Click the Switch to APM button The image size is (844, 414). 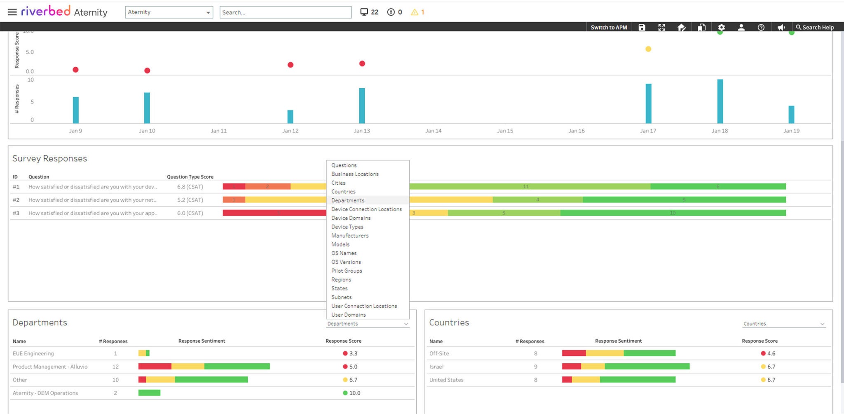609,27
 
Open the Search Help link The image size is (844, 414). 815,27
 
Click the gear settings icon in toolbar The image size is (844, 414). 721,27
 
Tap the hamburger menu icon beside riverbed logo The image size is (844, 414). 12,12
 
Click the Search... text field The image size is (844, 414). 285,12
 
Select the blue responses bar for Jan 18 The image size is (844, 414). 720,101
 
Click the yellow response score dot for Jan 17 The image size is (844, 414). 648,49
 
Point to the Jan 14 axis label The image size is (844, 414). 433,131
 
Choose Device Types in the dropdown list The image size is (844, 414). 347,227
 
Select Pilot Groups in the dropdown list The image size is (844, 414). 347,271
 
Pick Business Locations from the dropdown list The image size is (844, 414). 355,174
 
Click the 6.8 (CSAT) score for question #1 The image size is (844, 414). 190,187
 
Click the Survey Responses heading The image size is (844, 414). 49,158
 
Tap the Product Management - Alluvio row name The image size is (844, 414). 50,367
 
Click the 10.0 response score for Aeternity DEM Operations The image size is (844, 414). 354,393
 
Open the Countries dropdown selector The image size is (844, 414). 784,324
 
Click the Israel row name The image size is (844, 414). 436,367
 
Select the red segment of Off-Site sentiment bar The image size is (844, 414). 574,353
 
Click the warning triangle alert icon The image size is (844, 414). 415,12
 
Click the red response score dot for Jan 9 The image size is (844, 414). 75,70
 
